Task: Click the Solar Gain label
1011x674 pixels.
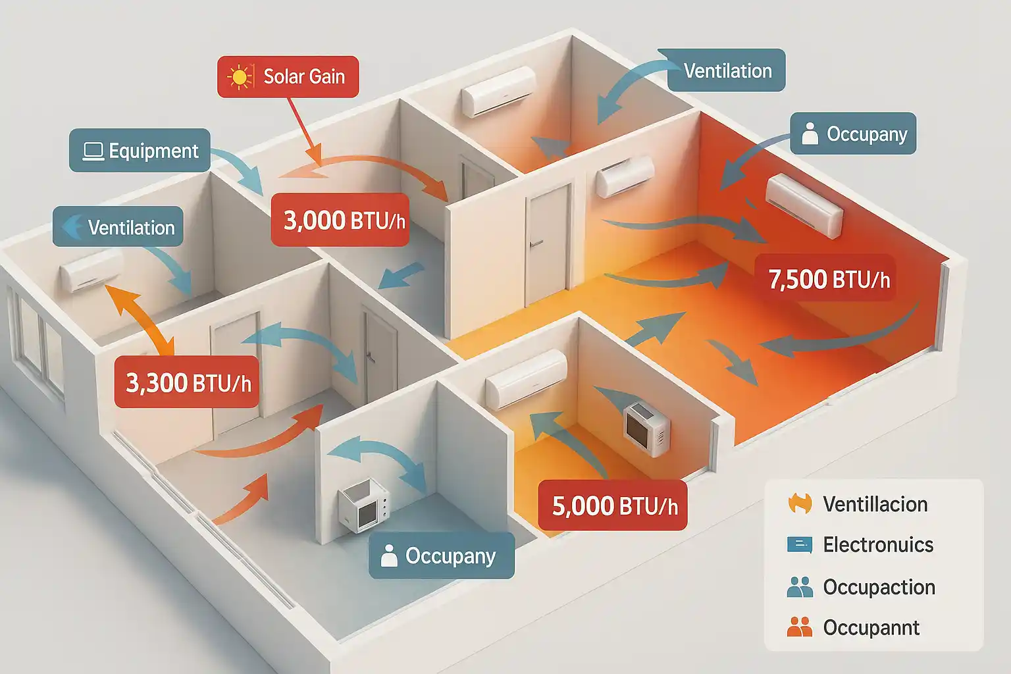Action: [x=288, y=77]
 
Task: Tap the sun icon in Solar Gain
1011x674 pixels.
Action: [x=240, y=77]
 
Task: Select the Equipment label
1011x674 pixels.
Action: [x=140, y=151]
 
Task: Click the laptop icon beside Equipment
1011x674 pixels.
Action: [x=93, y=151]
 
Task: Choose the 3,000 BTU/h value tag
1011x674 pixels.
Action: [x=340, y=220]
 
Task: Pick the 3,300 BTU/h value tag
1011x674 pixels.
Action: [x=188, y=382]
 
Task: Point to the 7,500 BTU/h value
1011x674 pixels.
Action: [x=828, y=279]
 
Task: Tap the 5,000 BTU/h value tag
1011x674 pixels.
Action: [x=613, y=505]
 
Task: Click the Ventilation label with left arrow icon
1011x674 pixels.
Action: [x=118, y=227]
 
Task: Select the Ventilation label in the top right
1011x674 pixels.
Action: [x=727, y=70]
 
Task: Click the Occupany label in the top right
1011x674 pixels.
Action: [x=853, y=134]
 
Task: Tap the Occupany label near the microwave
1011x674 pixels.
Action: [x=442, y=556]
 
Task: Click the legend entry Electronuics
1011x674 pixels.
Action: [x=877, y=544]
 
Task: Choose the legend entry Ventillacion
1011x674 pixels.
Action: [x=875, y=504]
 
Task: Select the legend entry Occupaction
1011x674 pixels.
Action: [x=879, y=586]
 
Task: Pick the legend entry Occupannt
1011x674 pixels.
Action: [x=871, y=627]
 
